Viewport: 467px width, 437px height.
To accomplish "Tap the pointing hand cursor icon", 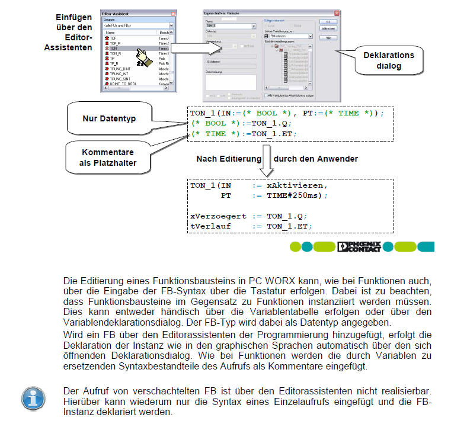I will point(142,57).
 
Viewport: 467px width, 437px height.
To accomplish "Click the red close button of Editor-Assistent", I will point(171,13).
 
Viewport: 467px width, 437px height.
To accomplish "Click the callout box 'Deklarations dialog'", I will point(388,61).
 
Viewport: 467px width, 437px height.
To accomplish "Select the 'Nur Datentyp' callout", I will point(109,118).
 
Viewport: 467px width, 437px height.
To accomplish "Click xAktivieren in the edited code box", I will point(296,185).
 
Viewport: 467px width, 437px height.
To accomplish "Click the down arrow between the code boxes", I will point(267,163).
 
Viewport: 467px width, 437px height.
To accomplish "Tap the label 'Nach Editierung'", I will point(229,159).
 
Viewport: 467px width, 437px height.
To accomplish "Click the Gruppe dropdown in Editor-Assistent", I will point(137,25).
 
